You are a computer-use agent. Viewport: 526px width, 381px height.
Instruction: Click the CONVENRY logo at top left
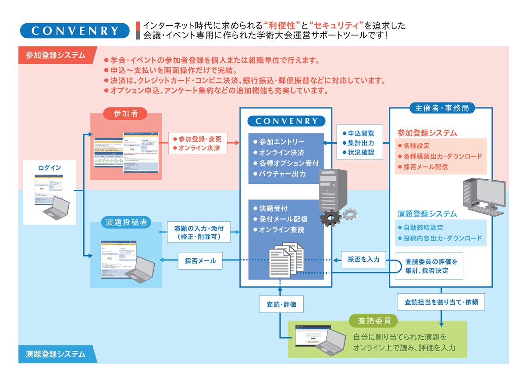click(75, 30)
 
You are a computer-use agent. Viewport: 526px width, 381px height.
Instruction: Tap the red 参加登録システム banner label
click(57, 55)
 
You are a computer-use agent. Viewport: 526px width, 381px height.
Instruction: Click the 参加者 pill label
click(126, 113)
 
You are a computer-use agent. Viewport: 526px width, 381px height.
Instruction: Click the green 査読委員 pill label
click(373, 320)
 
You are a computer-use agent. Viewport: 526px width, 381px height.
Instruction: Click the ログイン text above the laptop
click(50, 167)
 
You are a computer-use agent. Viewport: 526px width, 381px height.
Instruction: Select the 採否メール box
click(200, 260)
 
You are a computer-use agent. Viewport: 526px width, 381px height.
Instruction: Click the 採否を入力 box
click(363, 259)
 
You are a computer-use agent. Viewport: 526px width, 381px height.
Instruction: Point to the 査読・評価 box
click(281, 304)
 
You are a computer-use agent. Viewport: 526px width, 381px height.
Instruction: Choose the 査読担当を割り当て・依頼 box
click(441, 302)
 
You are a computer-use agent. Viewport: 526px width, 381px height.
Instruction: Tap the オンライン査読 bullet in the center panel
click(281, 230)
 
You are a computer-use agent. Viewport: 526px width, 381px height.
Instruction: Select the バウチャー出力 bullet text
click(282, 174)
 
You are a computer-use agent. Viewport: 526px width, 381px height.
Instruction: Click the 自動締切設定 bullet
click(421, 228)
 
